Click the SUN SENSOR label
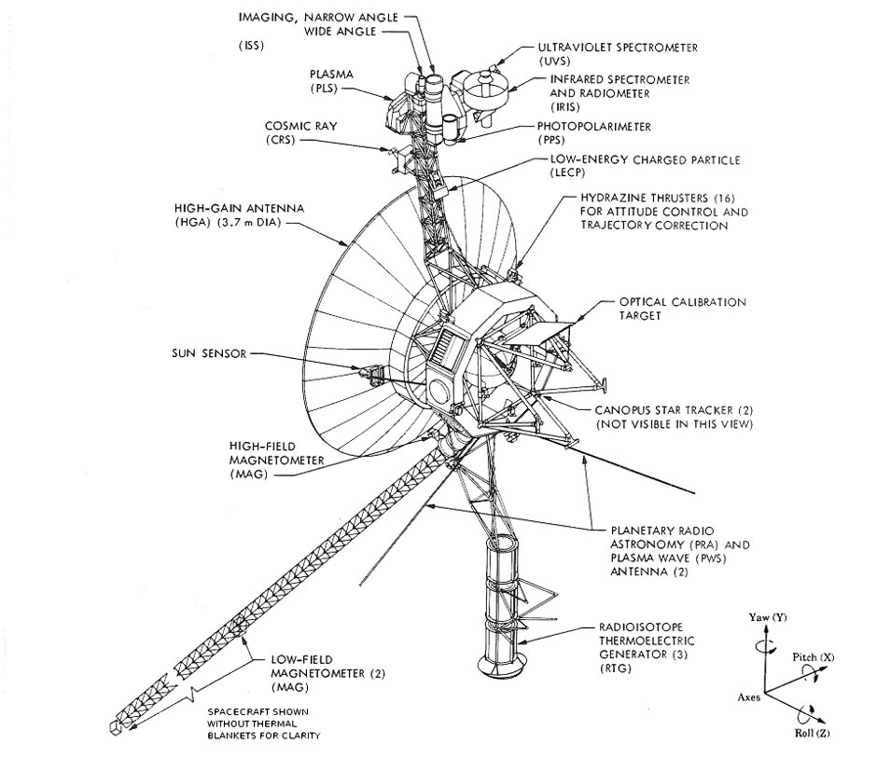point(210,354)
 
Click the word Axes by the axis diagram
point(748,696)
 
